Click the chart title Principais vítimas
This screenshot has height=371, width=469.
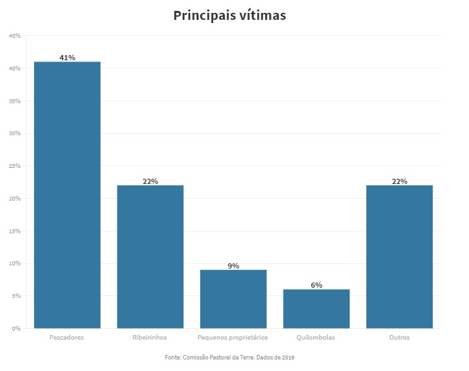[230, 16]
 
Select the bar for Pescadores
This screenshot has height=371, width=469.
[67, 195]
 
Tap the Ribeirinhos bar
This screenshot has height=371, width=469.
[150, 256]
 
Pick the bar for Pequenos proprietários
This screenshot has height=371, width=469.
[234, 299]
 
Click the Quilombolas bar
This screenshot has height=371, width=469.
[316, 309]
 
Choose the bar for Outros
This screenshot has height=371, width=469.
[399, 256]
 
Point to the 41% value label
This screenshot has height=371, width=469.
[67, 58]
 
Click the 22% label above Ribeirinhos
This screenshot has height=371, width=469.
[150, 181]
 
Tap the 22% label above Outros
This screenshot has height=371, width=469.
[399, 181]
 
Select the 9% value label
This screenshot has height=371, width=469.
[234, 266]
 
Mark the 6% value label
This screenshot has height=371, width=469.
[316, 285]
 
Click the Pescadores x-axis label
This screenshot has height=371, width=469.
[67, 337]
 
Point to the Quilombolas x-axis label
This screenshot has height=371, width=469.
[316, 337]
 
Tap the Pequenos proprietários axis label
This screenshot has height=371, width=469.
[234, 337]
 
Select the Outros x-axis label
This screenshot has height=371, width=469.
[399, 337]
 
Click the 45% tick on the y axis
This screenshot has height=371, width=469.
[15, 36]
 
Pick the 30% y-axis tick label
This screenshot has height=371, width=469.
[15, 133]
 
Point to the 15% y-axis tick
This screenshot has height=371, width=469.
[15, 231]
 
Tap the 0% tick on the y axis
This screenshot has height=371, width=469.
[16, 328]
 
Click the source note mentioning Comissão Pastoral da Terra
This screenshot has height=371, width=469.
[229, 357]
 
